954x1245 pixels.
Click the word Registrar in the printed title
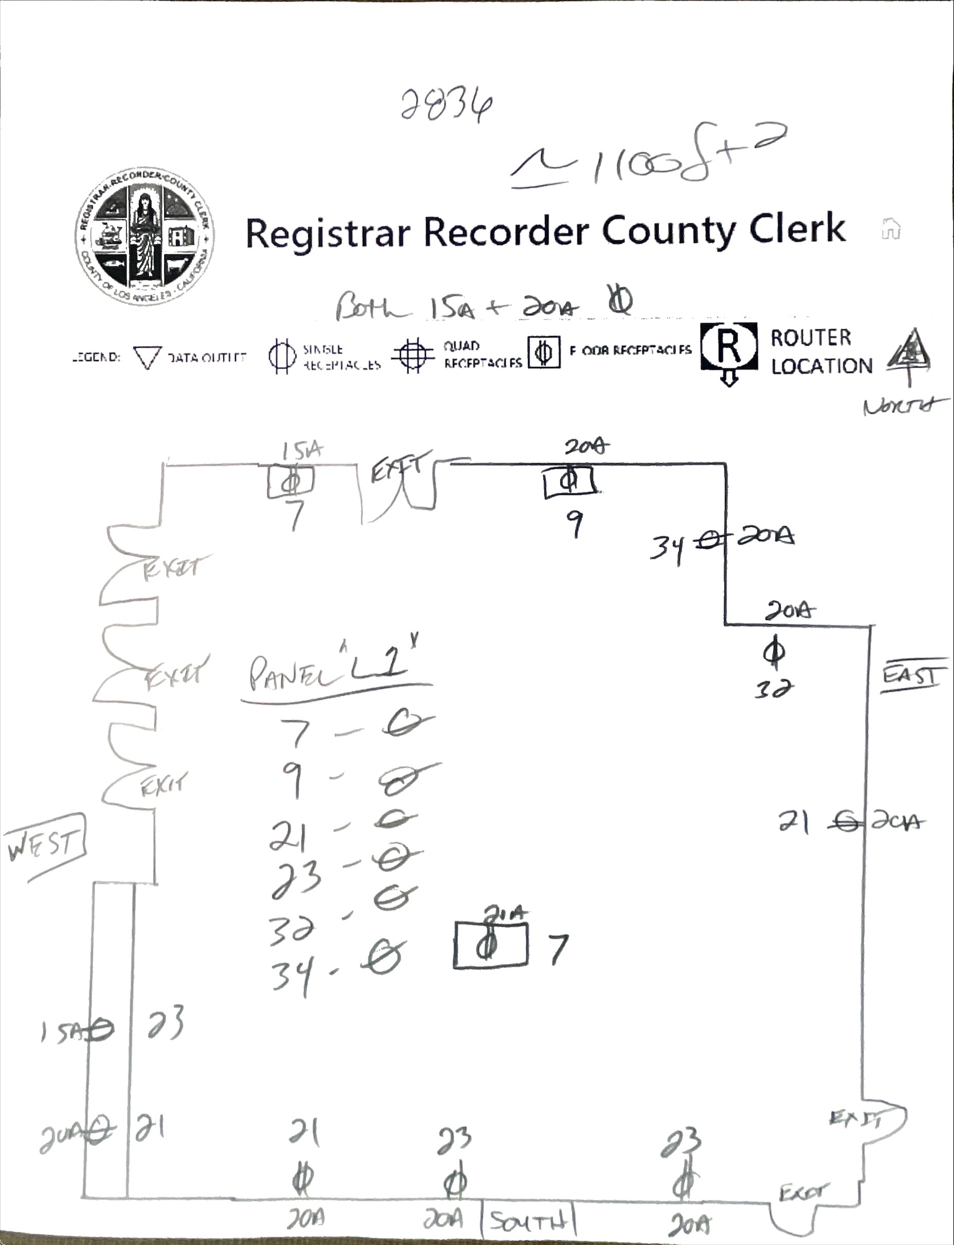click(x=327, y=233)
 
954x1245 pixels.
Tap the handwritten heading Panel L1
click(x=335, y=673)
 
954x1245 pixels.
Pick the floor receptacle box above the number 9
click(x=569, y=483)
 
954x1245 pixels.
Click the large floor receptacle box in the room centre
click(x=490, y=945)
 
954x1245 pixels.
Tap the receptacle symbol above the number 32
click(x=774, y=652)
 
